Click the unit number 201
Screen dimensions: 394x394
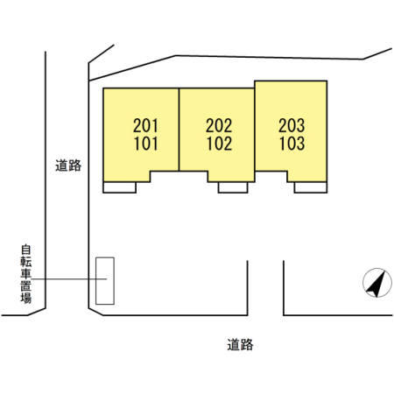pyautogui.click(x=145, y=126)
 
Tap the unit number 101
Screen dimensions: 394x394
pyautogui.click(x=145, y=143)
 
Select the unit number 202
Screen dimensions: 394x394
pyautogui.click(x=219, y=126)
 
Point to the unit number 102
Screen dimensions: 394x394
pyautogui.click(x=219, y=143)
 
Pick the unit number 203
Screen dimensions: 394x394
pyautogui.click(x=292, y=126)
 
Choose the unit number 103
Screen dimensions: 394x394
pyautogui.click(x=292, y=143)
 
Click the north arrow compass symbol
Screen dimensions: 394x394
pyautogui.click(x=376, y=283)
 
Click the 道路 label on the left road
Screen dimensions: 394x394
pyautogui.click(x=67, y=165)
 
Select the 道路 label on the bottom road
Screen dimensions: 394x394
pyautogui.click(x=239, y=344)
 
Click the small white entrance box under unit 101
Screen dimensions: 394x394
pyautogui.click(x=119, y=186)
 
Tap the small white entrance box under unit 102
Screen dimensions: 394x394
pyautogui.click(x=233, y=186)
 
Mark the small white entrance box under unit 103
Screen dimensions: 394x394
pyautogui.click(x=309, y=186)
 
